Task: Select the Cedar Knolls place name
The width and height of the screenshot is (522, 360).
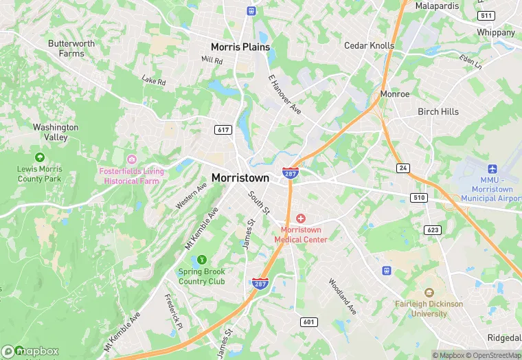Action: point(370,46)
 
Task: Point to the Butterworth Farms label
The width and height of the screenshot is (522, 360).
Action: point(71,48)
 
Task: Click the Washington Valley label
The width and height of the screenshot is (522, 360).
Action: point(56,132)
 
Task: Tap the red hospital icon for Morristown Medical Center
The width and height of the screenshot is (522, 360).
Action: point(301,218)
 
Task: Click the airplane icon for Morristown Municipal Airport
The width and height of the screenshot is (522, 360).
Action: point(492,169)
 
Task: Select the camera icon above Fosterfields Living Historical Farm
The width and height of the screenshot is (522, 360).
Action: point(131,159)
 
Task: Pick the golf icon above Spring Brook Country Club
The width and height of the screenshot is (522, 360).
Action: point(202,259)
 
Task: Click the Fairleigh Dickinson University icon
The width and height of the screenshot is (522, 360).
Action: point(429,293)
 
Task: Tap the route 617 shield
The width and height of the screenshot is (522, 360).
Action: point(223,130)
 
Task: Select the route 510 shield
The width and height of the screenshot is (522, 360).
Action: point(418,198)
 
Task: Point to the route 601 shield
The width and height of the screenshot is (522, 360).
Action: point(308,322)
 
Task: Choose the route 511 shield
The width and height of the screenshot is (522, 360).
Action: point(487,15)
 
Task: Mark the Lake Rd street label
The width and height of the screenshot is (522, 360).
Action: point(154,81)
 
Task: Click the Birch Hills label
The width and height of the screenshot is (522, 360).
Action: point(438,112)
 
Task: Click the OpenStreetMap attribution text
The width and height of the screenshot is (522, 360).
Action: point(493,355)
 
